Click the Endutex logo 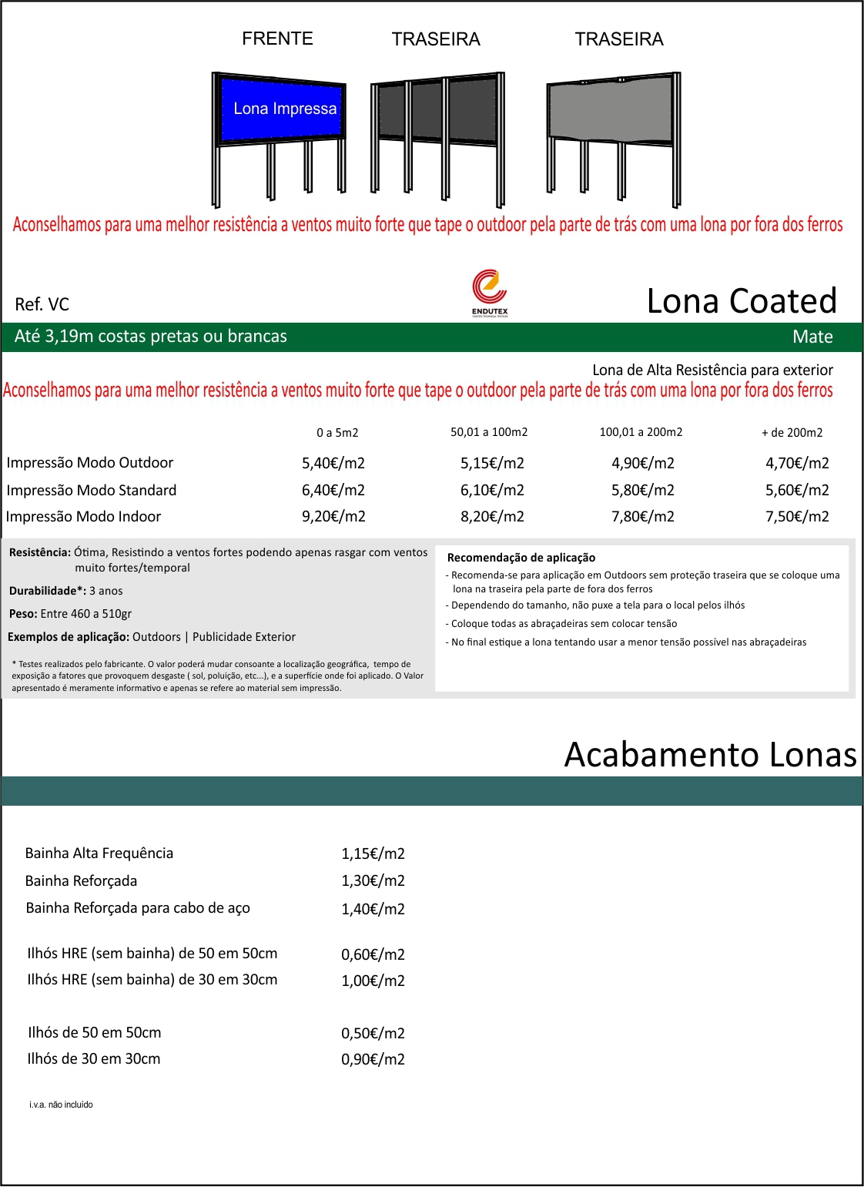coord(490,292)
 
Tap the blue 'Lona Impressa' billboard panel coord(281,109)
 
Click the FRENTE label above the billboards coord(277,39)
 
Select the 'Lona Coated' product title coord(741,300)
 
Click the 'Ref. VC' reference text coord(42,304)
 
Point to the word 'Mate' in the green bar coord(812,337)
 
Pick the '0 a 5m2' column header coord(337,433)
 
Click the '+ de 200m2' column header coord(792,433)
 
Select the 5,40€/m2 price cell coord(333,463)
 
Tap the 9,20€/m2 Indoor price coord(333,516)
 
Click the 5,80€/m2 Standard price coord(643,490)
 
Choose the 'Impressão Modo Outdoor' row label coord(90,463)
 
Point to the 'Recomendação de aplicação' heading coord(521,558)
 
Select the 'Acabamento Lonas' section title coord(710,755)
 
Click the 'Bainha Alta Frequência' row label coord(99,853)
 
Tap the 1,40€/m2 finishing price coord(373,909)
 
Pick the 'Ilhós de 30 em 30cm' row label coord(94,1059)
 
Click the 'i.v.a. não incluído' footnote coord(61,1105)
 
